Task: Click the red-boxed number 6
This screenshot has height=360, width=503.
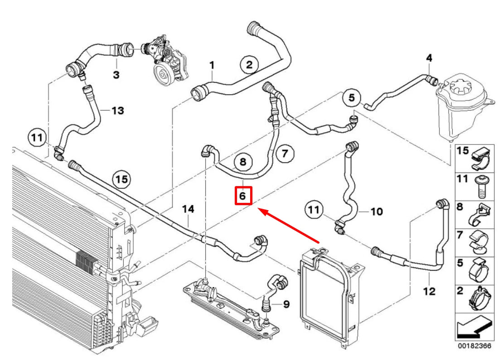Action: pyautogui.click(x=242, y=196)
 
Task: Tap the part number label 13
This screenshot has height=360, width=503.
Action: pyautogui.click(x=117, y=110)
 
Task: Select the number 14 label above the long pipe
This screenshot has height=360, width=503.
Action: pyautogui.click(x=188, y=209)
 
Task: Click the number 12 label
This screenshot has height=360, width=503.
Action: pyautogui.click(x=429, y=291)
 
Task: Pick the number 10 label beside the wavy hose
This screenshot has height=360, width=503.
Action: pyautogui.click(x=377, y=211)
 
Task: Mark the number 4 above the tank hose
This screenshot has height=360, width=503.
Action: pyautogui.click(x=429, y=58)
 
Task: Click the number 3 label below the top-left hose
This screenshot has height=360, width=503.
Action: pyautogui.click(x=116, y=75)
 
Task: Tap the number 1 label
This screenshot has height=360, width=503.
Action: pyautogui.click(x=212, y=67)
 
